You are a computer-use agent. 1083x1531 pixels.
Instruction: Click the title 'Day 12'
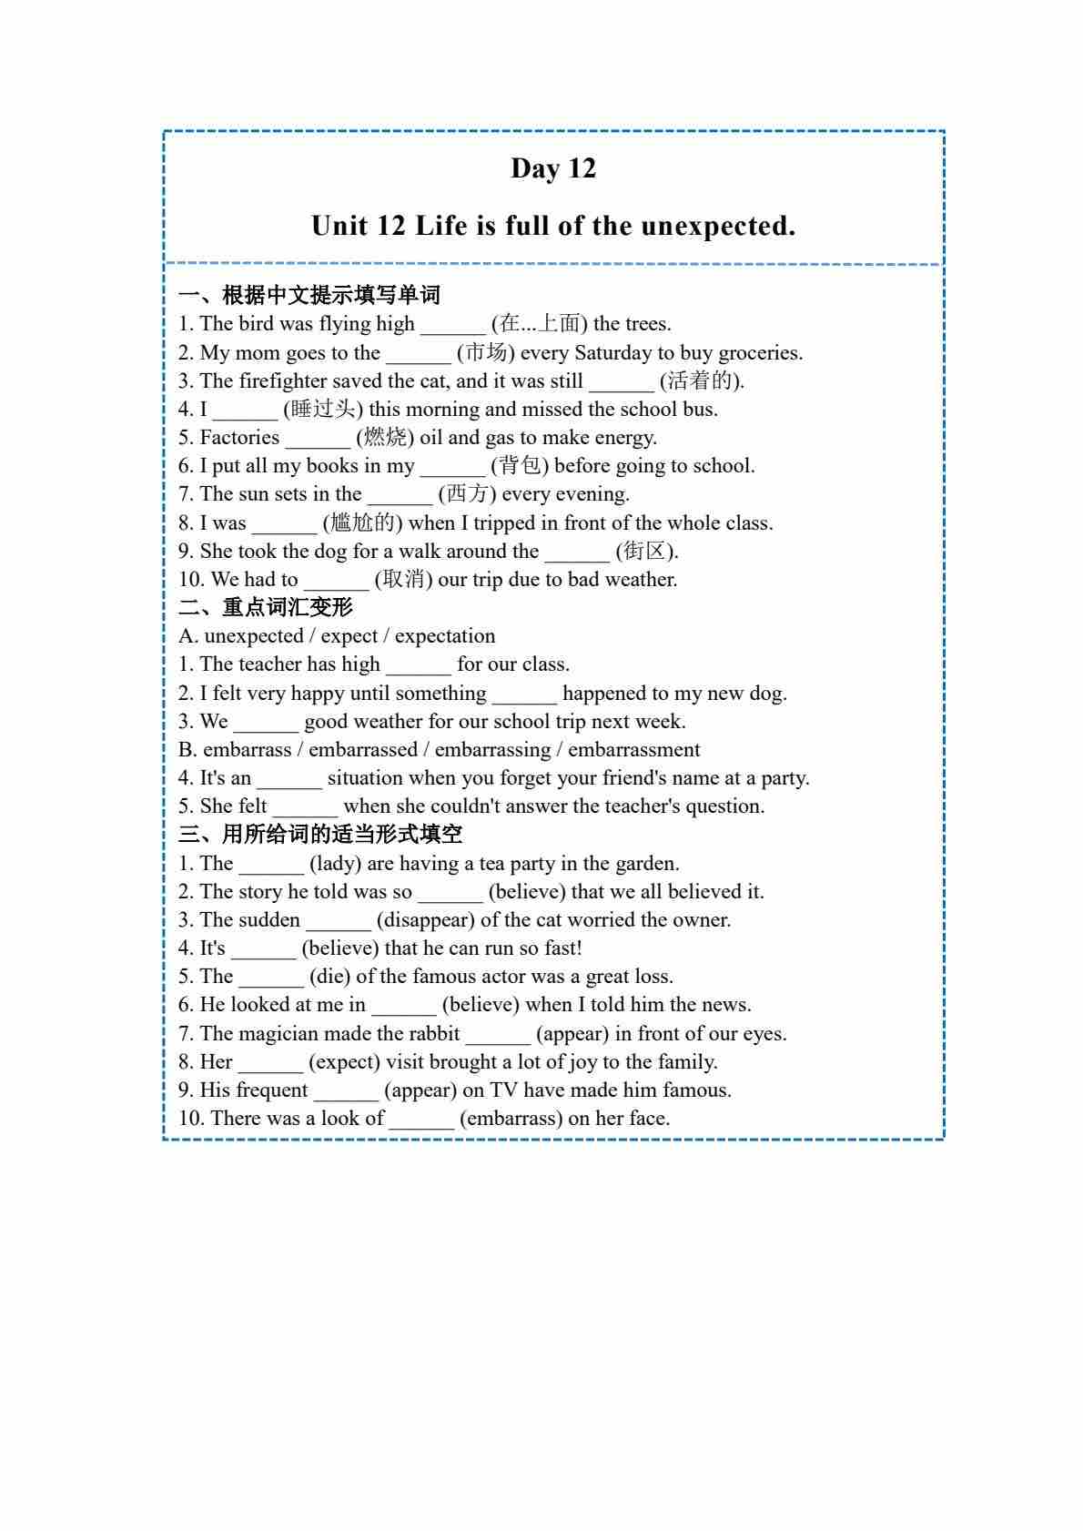(553, 168)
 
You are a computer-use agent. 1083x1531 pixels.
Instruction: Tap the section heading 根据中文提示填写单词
(331, 295)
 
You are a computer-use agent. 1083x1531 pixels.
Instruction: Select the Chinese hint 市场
(485, 352)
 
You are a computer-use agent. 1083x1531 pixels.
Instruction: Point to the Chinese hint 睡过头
(323, 409)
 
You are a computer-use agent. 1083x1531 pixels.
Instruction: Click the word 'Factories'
(239, 438)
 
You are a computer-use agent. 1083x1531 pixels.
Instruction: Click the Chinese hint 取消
(405, 579)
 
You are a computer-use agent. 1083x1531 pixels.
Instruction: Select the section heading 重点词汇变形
(288, 607)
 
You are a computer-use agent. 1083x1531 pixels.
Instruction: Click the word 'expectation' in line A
(445, 635)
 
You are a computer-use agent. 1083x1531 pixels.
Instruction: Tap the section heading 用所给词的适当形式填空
(342, 834)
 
